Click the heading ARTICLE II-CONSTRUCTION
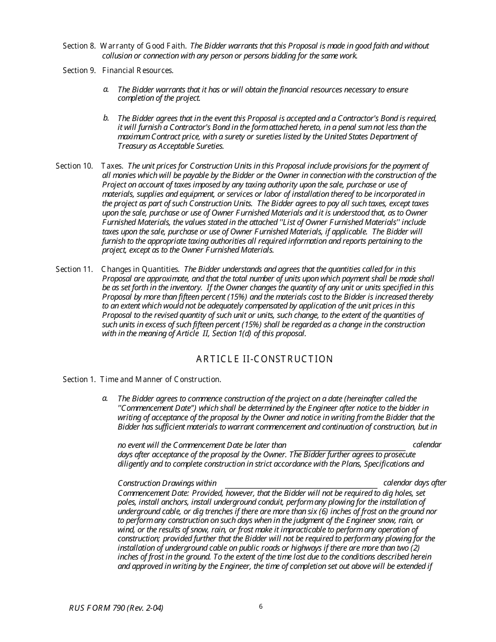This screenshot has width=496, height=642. click(x=264, y=359)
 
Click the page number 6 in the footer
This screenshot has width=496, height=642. click(x=261, y=606)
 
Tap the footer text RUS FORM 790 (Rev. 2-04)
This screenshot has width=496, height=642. click(x=120, y=608)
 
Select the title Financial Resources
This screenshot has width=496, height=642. click(x=138, y=70)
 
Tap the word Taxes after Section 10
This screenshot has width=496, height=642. click(x=112, y=166)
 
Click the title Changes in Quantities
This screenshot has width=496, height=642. click(x=140, y=269)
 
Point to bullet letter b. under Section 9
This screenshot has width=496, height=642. click(x=106, y=117)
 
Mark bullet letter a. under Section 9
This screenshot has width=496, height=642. click(x=106, y=89)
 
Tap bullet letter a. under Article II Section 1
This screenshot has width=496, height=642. click(x=106, y=398)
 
